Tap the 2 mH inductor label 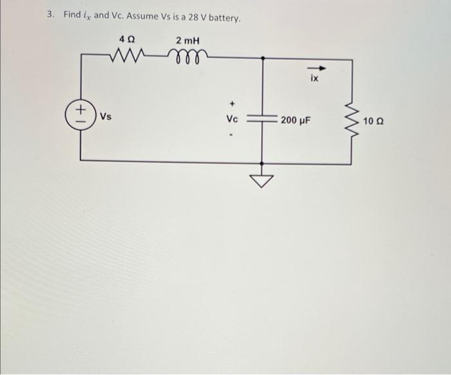(x=188, y=41)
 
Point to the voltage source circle (x=81, y=115)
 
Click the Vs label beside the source (x=106, y=116)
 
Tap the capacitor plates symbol (x=262, y=118)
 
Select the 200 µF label (x=296, y=120)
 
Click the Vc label (x=232, y=118)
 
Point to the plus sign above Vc (x=233, y=103)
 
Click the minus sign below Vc (x=231, y=134)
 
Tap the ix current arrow (x=316, y=68)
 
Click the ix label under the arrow (x=314, y=78)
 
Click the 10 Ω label (x=373, y=122)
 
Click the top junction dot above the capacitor (x=262, y=59)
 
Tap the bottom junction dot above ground (x=262, y=163)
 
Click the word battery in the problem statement (x=224, y=19)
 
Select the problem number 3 (x=50, y=14)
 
